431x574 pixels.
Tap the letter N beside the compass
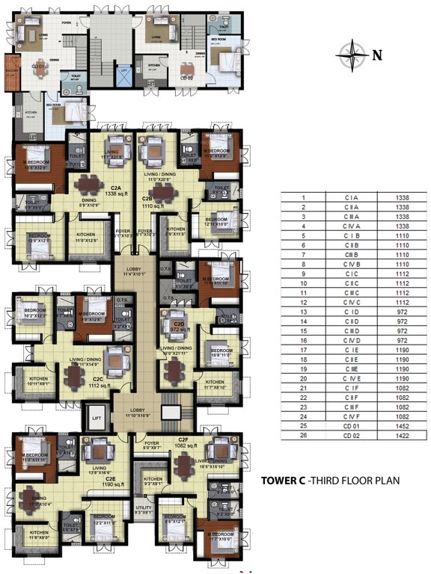click(377, 54)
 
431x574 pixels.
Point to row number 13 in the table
click(304, 310)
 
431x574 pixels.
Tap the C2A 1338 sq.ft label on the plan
click(116, 191)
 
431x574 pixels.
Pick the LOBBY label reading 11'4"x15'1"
click(137, 271)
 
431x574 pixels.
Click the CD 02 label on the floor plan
click(185, 77)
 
